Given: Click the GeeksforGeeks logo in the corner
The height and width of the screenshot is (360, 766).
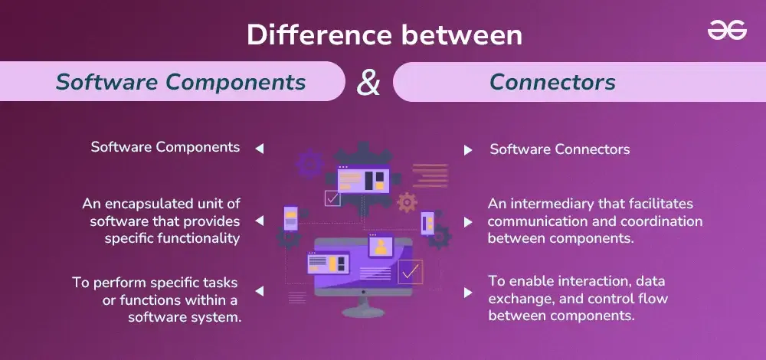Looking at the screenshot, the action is click(x=727, y=31).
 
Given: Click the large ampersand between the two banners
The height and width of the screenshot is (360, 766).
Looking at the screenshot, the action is click(x=368, y=82).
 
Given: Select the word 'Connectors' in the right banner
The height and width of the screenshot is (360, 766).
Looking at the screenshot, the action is click(x=552, y=82).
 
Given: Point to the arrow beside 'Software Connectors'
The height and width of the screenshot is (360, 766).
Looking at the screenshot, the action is click(x=468, y=150).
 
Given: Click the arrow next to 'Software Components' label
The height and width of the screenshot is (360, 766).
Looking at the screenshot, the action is click(x=260, y=149).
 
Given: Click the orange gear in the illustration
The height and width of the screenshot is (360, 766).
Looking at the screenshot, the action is click(x=407, y=201).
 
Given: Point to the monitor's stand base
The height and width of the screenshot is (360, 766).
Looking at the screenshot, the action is click(x=363, y=312).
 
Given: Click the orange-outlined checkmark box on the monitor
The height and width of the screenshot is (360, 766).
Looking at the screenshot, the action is click(x=410, y=272).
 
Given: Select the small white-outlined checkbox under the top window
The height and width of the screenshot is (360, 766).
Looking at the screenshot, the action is click(x=332, y=198).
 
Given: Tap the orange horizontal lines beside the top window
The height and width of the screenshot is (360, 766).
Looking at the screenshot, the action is click(x=430, y=175).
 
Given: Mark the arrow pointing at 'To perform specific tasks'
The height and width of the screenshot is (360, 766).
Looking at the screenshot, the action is click(x=260, y=290).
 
